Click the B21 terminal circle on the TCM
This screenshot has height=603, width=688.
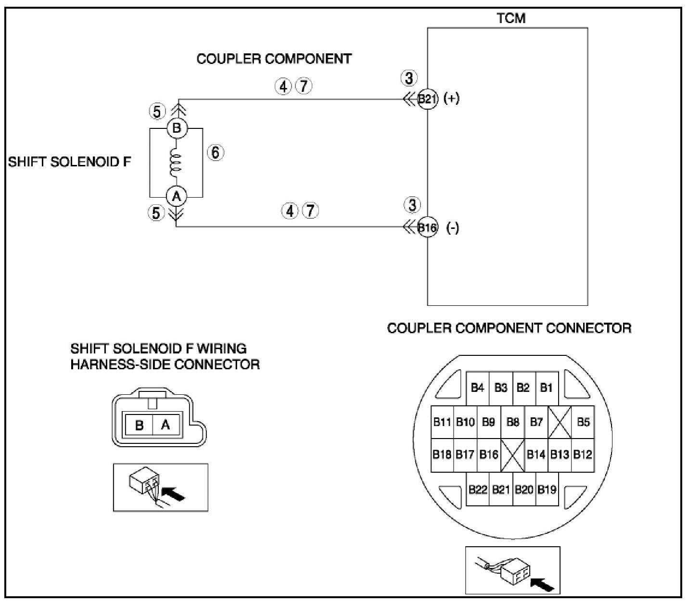tap(427, 100)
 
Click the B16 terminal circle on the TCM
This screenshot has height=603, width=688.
tap(427, 227)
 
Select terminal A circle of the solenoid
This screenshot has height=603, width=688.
tap(177, 196)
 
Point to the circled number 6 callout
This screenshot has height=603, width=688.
tap(216, 152)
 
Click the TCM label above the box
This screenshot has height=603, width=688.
tap(511, 18)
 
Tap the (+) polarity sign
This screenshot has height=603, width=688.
tap(452, 99)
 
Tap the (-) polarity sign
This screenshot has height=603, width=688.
tap(453, 227)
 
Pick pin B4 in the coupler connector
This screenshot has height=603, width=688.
tap(477, 388)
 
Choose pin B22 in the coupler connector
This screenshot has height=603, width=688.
tap(478, 490)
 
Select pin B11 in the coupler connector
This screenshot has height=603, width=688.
tap(442, 422)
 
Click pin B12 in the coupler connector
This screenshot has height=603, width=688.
tap(583, 454)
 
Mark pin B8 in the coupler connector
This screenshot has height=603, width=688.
tap(513, 422)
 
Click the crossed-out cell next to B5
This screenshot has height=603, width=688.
tap(560, 422)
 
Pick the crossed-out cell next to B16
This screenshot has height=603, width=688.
tap(512, 454)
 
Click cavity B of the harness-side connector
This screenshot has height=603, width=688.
tap(140, 425)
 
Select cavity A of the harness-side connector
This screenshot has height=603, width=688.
tap(166, 425)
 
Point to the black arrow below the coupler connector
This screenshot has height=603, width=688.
tap(542, 584)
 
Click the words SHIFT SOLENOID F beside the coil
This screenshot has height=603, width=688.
tap(69, 162)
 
